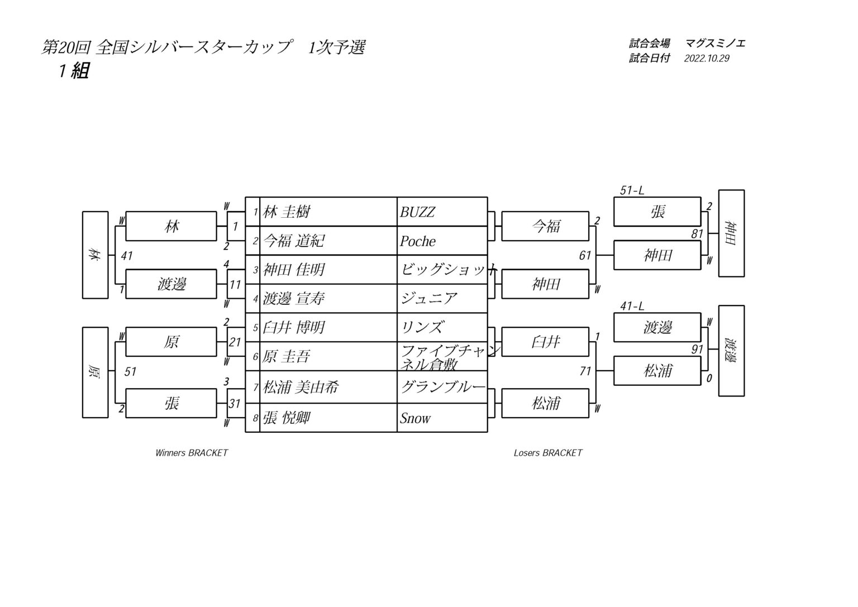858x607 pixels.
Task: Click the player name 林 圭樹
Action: click(x=286, y=212)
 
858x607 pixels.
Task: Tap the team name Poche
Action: click(x=417, y=241)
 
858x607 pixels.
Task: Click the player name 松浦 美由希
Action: click(x=301, y=388)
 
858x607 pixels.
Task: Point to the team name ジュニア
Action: click(x=429, y=298)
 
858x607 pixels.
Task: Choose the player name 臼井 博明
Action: click(x=294, y=327)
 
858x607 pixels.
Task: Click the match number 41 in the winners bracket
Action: click(x=127, y=255)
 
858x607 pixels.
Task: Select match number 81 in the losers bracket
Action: click(x=697, y=233)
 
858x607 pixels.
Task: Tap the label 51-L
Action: click(x=632, y=190)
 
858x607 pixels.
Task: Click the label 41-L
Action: click(x=632, y=306)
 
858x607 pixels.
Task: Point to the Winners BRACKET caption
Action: click(x=192, y=453)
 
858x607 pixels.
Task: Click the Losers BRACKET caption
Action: click(x=548, y=453)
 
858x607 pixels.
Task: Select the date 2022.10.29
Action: click(x=707, y=58)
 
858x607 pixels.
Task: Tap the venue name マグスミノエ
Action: click(x=715, y=43)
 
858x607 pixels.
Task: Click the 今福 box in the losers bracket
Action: click(x=545, y=226)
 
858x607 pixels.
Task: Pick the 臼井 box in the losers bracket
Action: click(x=545, y=342)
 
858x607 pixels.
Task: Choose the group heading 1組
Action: click(x=74, y=71)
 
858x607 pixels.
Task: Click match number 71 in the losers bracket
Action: click(x=585, y=371)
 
